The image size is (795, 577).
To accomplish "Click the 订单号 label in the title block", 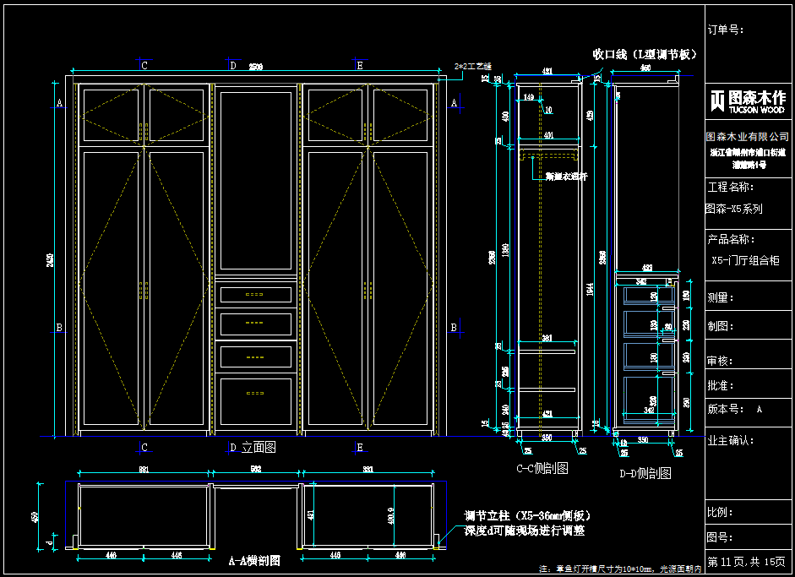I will pyautogui.click(x=725, y=30).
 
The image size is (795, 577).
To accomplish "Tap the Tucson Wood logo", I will pyautogui.click(x=749, y=101).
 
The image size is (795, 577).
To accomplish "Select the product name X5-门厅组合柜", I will pyautogui.click(x=745, y=261).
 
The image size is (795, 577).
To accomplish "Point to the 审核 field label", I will pyautogui.click(x=720, y=361).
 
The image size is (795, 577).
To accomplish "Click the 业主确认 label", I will pyautogui.click(x=730, y=440).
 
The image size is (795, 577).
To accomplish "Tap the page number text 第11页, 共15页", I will pyautogui.click(x=747, y=562).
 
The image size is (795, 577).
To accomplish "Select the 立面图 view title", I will pyautogui.click(x=259, y=447).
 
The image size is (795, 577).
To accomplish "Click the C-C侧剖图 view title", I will pyautogui.click(x=542, y=468).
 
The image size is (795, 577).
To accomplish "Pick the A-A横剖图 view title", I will pyautogui.click(x=254, y=560).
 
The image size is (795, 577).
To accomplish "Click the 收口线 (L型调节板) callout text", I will pyautogui.click(x=644, y=54).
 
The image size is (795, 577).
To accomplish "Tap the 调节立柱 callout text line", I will pyautogui.click(x=526, y=516).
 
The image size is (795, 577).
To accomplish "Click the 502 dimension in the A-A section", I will pyautogui.click(x=255, y=471).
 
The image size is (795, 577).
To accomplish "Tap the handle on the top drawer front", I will pyautogui.click(x=254, y=294).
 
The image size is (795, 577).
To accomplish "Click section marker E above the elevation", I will pyautogui.click(x=360, y=65).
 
